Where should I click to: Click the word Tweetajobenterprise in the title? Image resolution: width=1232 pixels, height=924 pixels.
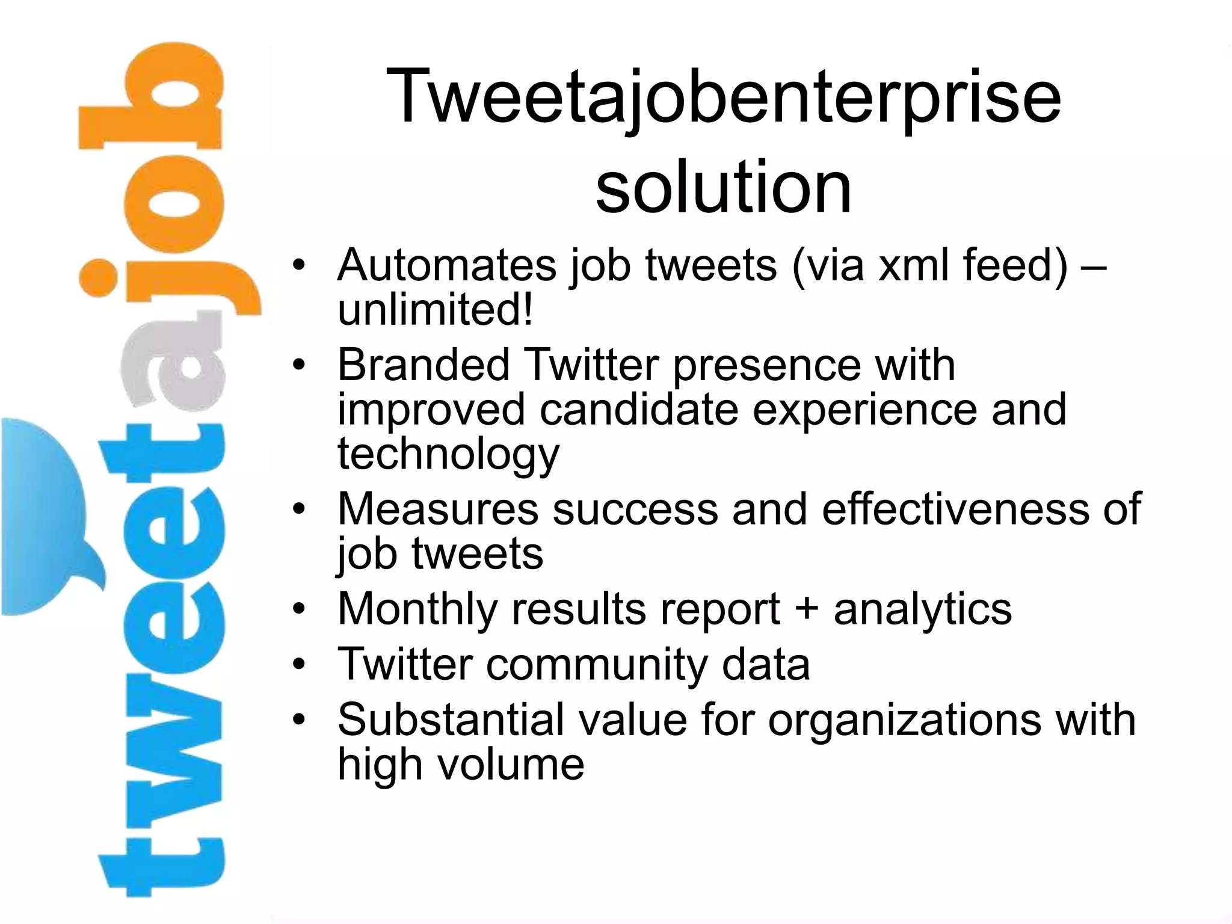(724, 96)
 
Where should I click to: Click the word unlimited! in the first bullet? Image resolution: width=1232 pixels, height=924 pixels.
(435, 310)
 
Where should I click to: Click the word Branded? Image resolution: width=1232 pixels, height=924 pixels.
(423, 365)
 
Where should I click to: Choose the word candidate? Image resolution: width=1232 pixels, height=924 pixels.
(639, 409)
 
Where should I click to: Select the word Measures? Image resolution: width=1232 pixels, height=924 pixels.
(438, 510)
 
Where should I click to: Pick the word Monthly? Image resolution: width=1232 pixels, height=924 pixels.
(417, 609)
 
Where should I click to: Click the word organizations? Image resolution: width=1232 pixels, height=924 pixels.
(904, 720)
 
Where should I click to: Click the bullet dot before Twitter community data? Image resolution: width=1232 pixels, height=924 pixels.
(299, 665)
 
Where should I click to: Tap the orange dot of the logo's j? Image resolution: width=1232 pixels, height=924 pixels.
(97, 278)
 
